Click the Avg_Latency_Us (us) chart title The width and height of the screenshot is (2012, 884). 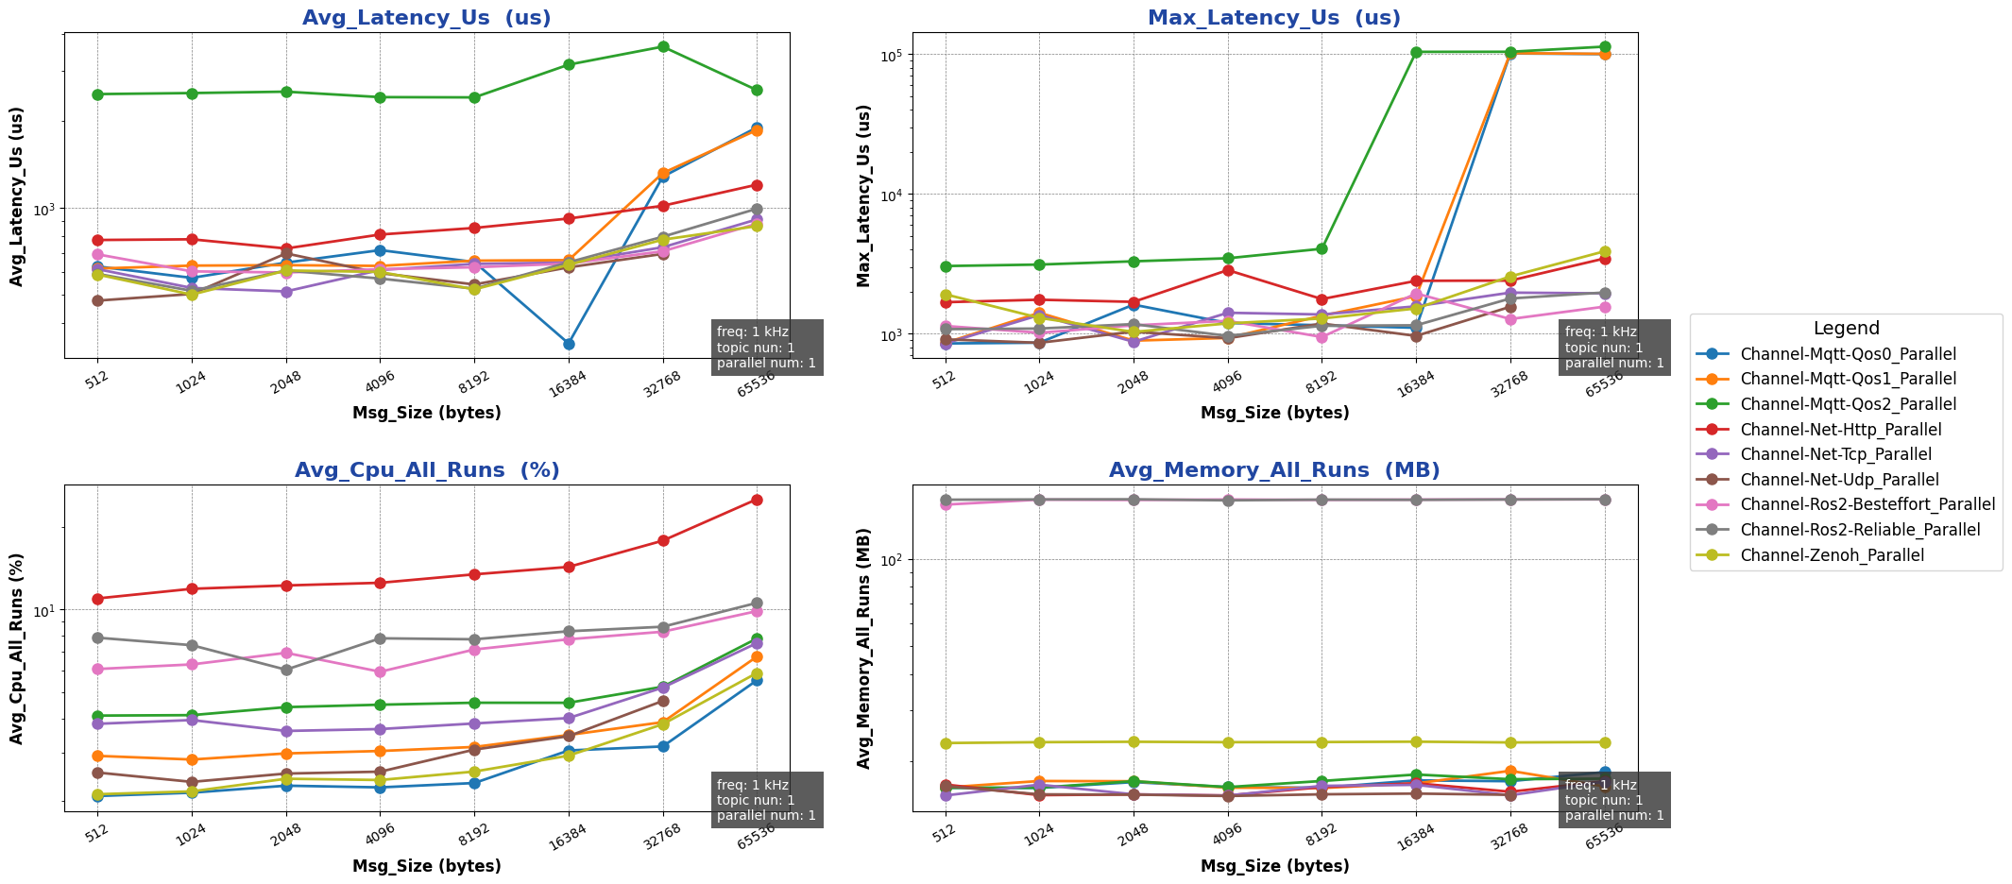coord(426,18)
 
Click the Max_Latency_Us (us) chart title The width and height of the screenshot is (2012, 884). coord(1274,18)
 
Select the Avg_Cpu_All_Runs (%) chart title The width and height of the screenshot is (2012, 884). coord(426,470)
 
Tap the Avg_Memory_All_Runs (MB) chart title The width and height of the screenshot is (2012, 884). coord(1274,470)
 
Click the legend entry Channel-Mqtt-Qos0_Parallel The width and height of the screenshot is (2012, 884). coord(1848,354)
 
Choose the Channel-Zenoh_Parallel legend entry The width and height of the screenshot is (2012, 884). coord(1832,555)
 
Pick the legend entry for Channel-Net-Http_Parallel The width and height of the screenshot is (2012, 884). coord(1840,430)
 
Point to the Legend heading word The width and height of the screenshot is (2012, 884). coord(1846,329)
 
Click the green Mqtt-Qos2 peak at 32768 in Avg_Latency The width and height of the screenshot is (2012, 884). coord(663,46)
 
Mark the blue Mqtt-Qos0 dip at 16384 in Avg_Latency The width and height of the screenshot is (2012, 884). coord(569,344)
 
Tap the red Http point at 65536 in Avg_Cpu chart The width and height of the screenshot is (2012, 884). coord(757,500)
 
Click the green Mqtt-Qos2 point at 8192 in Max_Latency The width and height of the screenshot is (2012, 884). coord(1321,248)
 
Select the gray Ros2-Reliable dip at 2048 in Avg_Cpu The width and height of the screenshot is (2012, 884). coord(286,670)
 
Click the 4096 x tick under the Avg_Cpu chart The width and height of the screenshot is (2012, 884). coord(379,833)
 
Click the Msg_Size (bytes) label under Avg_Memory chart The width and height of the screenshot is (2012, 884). coord(1274,866)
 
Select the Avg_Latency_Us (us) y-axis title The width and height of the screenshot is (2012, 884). coord(17,196)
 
